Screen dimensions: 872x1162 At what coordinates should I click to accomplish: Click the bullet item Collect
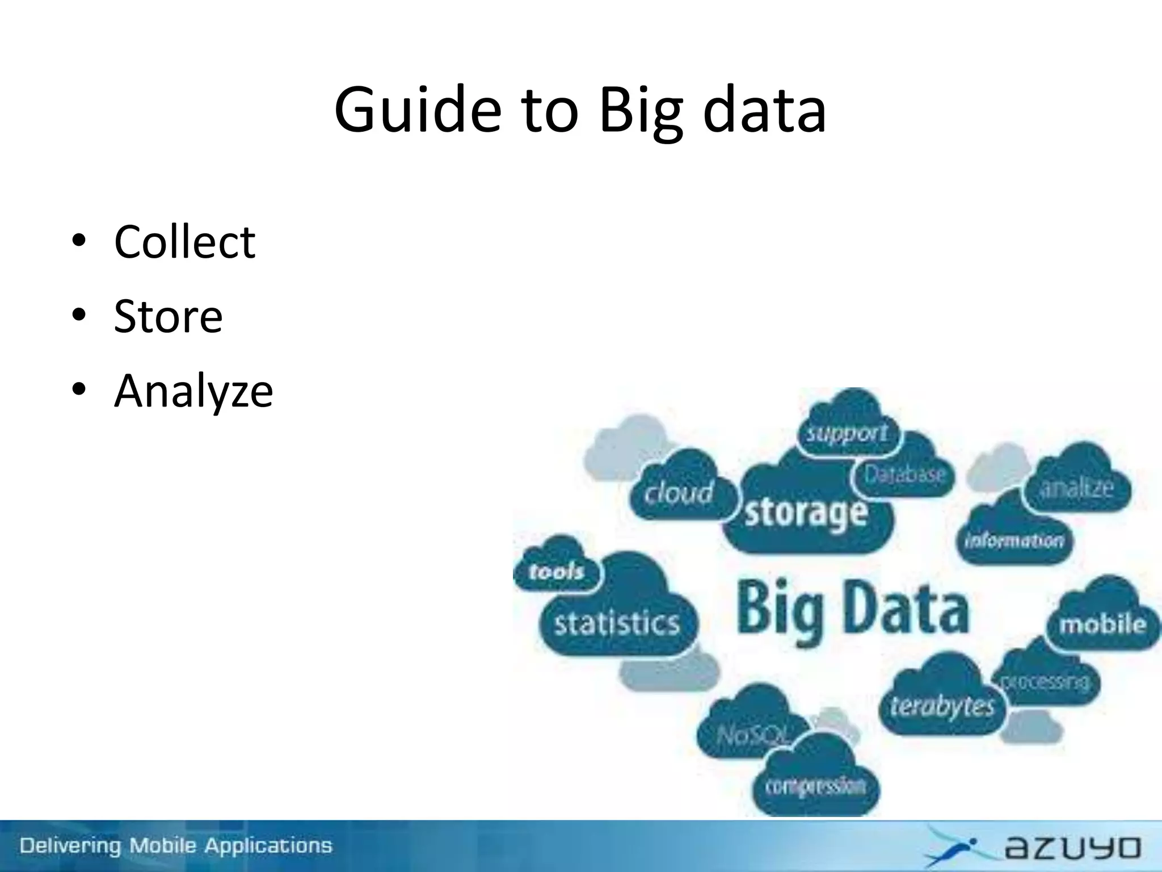click(184, 242)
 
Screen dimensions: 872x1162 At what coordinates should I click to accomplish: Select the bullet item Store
click(168, 317)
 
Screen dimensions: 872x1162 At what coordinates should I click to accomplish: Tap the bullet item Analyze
click(193, 391)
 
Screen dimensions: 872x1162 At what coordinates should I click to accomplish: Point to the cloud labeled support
click(847, 434)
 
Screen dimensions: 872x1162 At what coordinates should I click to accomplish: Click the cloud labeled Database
click(904, 475)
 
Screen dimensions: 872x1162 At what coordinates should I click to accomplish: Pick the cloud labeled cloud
click(678, 493)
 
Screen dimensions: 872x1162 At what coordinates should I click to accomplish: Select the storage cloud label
click(806, 513)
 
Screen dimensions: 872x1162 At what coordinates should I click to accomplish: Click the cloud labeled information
click(1014, 540)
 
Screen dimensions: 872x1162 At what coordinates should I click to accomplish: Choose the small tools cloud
click(556, 571)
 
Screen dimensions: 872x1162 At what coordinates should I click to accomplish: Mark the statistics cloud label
click(617, 623)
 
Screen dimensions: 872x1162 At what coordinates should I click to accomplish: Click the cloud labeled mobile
click(1102, 624)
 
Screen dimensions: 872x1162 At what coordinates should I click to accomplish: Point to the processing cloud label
click(1045, 681)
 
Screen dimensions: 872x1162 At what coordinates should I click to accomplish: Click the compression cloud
click(815, 786)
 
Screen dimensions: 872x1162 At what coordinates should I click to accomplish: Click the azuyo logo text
click(1072, 848)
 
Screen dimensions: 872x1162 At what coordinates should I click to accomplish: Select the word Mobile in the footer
click(165, 846)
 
